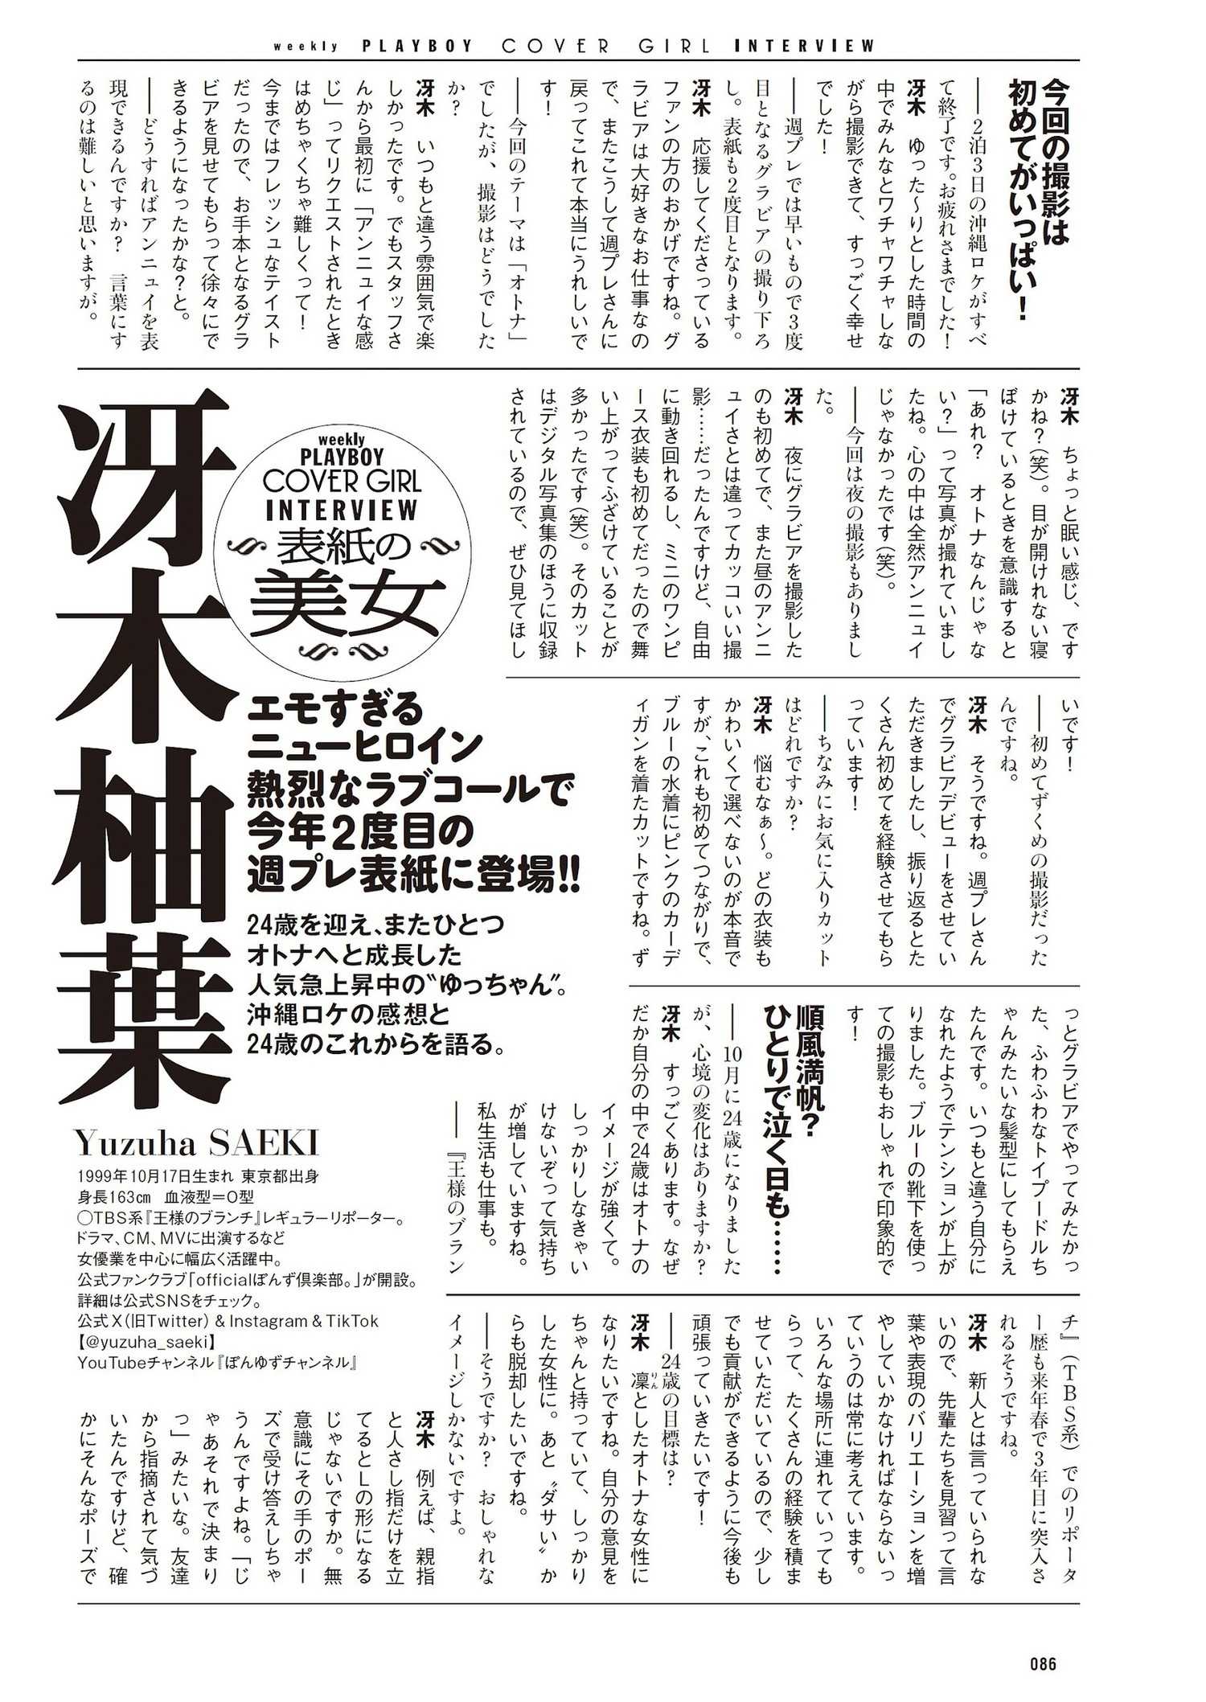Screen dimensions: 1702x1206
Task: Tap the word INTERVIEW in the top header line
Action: [x=804, y=46]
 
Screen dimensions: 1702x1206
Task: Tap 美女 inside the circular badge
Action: [x=347, y=603]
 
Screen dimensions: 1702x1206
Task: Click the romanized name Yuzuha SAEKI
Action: [x=198, y=1142]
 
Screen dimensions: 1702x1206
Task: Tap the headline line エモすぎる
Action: [x=335, y=711]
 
